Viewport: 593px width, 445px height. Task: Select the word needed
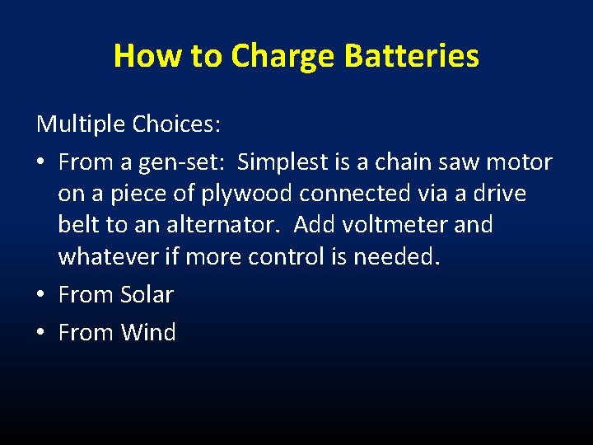point(397,256)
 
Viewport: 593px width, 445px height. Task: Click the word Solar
point(147,294)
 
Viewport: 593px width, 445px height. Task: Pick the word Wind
point(148,332)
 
